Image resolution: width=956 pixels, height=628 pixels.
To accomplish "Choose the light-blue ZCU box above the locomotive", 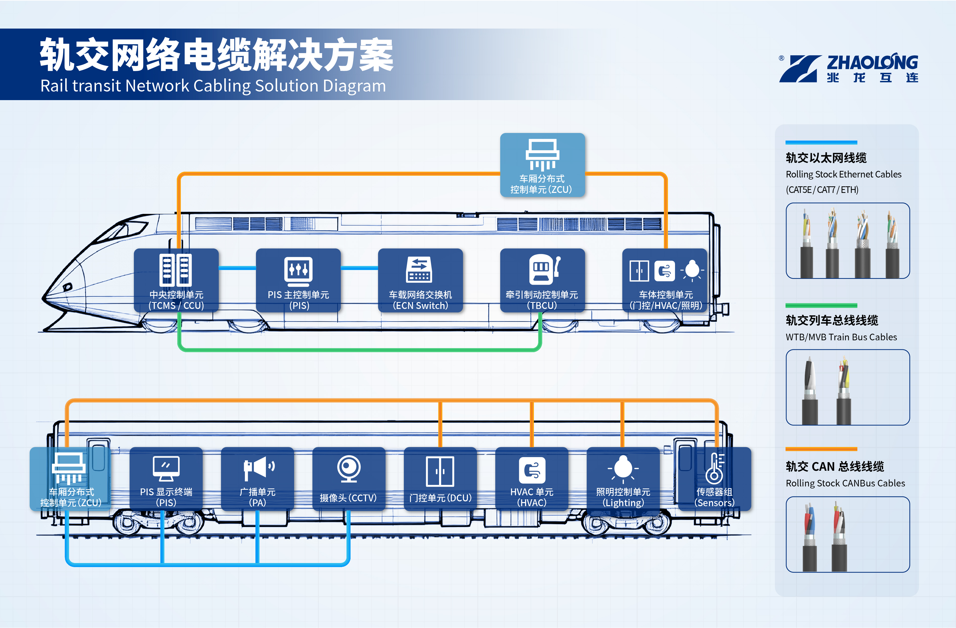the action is (542, 165).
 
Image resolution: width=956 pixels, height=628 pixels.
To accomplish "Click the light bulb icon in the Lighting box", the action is (623, 468).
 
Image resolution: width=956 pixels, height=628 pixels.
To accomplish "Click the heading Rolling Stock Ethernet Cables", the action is (843, 174).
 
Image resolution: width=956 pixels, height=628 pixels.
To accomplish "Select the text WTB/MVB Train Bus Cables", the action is (841, 337).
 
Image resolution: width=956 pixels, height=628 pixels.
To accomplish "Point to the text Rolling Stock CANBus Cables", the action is (845, 483).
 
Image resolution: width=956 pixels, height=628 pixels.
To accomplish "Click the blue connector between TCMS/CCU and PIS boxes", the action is (237, 268).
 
